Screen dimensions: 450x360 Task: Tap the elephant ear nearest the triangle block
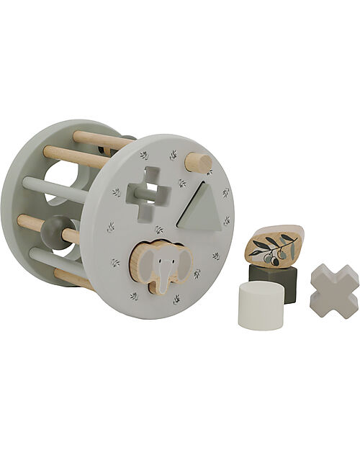click(183, 261)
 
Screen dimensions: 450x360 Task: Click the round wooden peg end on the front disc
click(198, 163)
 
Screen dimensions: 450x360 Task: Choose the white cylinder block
click(260, 304)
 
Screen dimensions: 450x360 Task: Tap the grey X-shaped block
click(333, 290)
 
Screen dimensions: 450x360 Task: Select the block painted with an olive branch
click(274, 246)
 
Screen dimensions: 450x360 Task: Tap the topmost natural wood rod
click(101, 140)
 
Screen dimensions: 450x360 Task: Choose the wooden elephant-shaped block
click(162, 266)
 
